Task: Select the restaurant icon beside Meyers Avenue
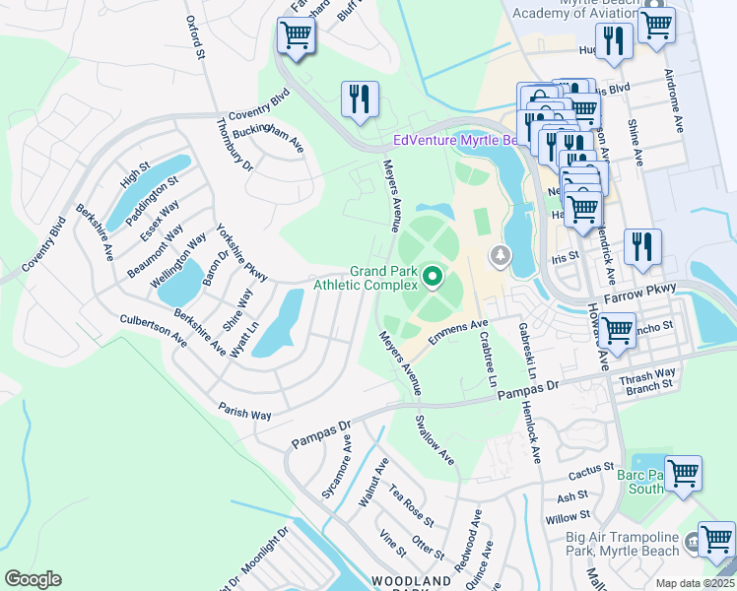(360, 98)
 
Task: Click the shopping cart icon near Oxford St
(295, 36)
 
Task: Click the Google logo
(33, 579)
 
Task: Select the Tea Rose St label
(410, 504)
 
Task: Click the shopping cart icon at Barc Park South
(682, 473)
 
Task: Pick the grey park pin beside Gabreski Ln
(502, 257)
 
